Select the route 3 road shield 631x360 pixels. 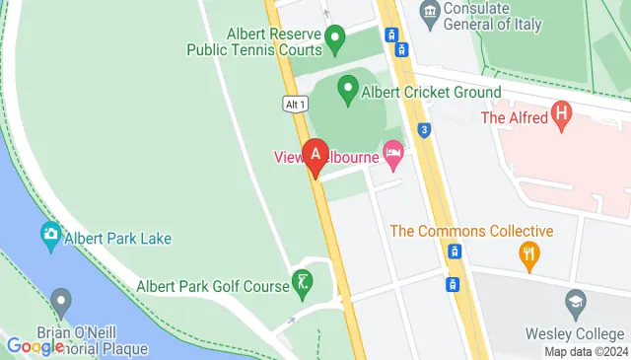click(x=423, y=128)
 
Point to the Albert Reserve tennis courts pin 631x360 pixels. click(x=335, y=40)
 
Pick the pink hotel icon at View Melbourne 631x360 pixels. click(x=393, y=153)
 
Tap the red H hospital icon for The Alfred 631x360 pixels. click(x=563, y=114)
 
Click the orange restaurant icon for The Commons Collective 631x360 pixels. click(x=529, y=256)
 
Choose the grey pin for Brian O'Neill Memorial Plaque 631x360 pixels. click(x=61, y=300)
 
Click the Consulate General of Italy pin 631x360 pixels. click(x=429, y=11)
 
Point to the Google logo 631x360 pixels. click(x=35, y=345)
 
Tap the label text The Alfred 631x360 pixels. click(x=513, y=117)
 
